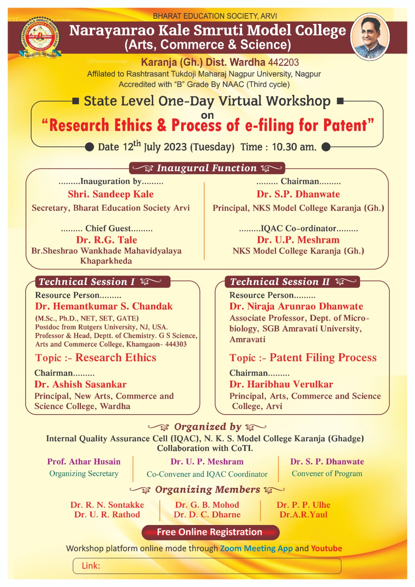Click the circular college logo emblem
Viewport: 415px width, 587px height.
[40, 37]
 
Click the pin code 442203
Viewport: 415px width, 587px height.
[283, 62]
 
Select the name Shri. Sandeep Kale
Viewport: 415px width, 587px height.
[110, 194]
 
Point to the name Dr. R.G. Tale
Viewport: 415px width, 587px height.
[106, 240]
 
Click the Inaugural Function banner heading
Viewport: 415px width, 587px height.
[207, 168]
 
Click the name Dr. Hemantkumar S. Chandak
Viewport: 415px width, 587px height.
[104, 306]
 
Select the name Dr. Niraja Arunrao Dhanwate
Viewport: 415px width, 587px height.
[296, 306]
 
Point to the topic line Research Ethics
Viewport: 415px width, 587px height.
[96, 358]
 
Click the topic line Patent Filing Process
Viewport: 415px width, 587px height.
[303, 358]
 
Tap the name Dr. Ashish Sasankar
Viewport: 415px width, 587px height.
[80, 384]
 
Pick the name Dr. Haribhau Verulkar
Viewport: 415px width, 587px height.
[281, 384]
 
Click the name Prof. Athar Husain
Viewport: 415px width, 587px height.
[84, 462]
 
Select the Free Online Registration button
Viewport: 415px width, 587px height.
[210, 532]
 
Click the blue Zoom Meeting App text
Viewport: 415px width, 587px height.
[256, 548]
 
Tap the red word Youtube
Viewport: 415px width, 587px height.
[326, 548]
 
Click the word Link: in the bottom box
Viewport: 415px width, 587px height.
[91, 566]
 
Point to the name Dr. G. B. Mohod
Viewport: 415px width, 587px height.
[207, 505]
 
